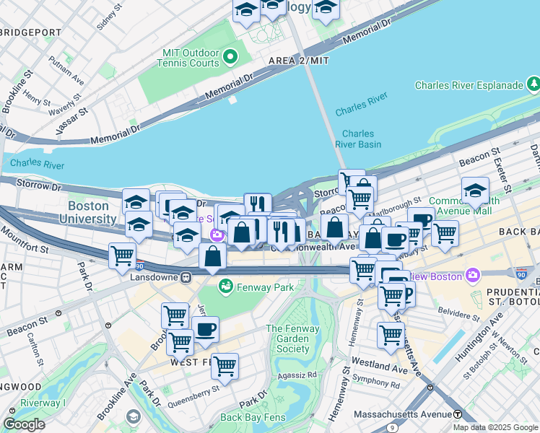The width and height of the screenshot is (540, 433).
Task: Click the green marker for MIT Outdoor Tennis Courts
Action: click(230, 56)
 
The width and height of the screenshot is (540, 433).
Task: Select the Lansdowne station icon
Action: click(186, 276)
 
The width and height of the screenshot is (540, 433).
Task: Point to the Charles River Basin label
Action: click(358, 139)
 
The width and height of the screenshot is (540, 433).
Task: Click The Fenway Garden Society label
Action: click(287, 338)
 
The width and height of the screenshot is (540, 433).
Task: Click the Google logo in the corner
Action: click(24, 424)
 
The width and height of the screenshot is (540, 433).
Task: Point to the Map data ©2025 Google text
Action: click(495, 427)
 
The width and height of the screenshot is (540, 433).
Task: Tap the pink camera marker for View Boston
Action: click(472, 274)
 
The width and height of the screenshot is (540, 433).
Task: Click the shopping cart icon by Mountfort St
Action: click(122, 255)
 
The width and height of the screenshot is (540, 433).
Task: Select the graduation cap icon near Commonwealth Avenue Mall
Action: click(474, 191)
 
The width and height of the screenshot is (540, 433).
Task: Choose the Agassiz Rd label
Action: click(301, 375)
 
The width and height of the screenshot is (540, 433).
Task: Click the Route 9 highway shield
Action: click(391, 427)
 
